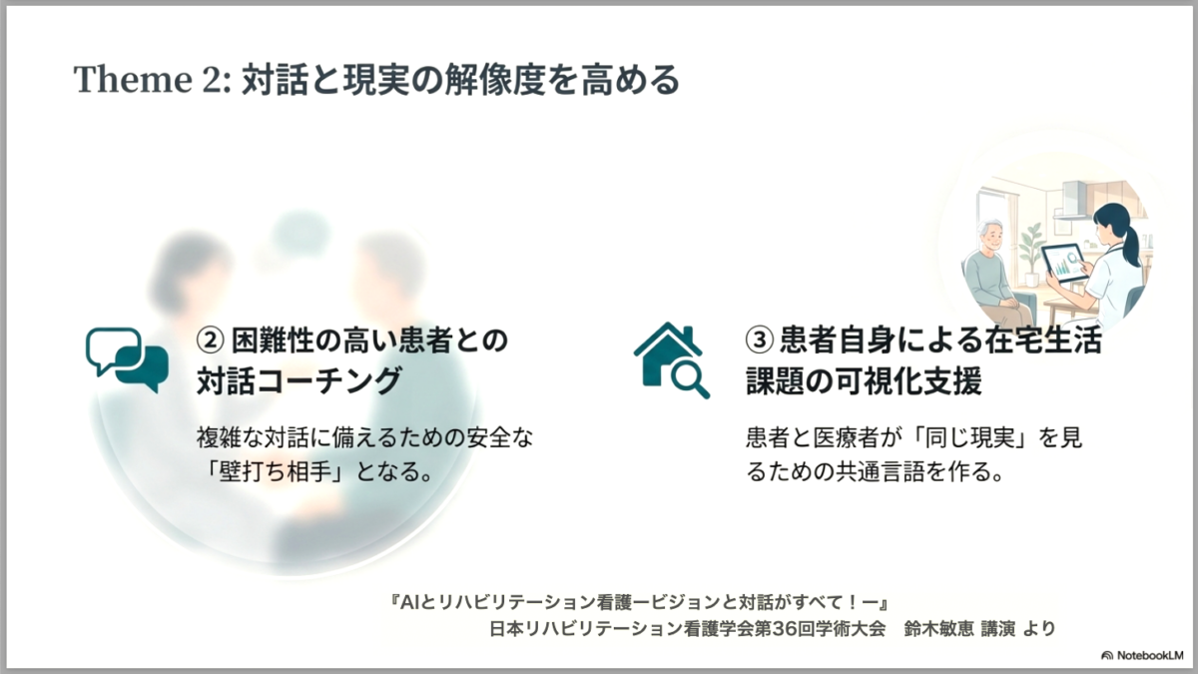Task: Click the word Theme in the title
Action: [x=133, y=79]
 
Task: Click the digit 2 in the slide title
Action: [x=213, y=79]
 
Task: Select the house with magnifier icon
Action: [x=672, y=360]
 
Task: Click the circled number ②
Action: [x=210, y=340]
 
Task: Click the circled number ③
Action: [x=760, y=340]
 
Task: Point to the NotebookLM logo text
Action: [x=1149, y=655]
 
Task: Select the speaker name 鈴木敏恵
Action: [x=939, y=628]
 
